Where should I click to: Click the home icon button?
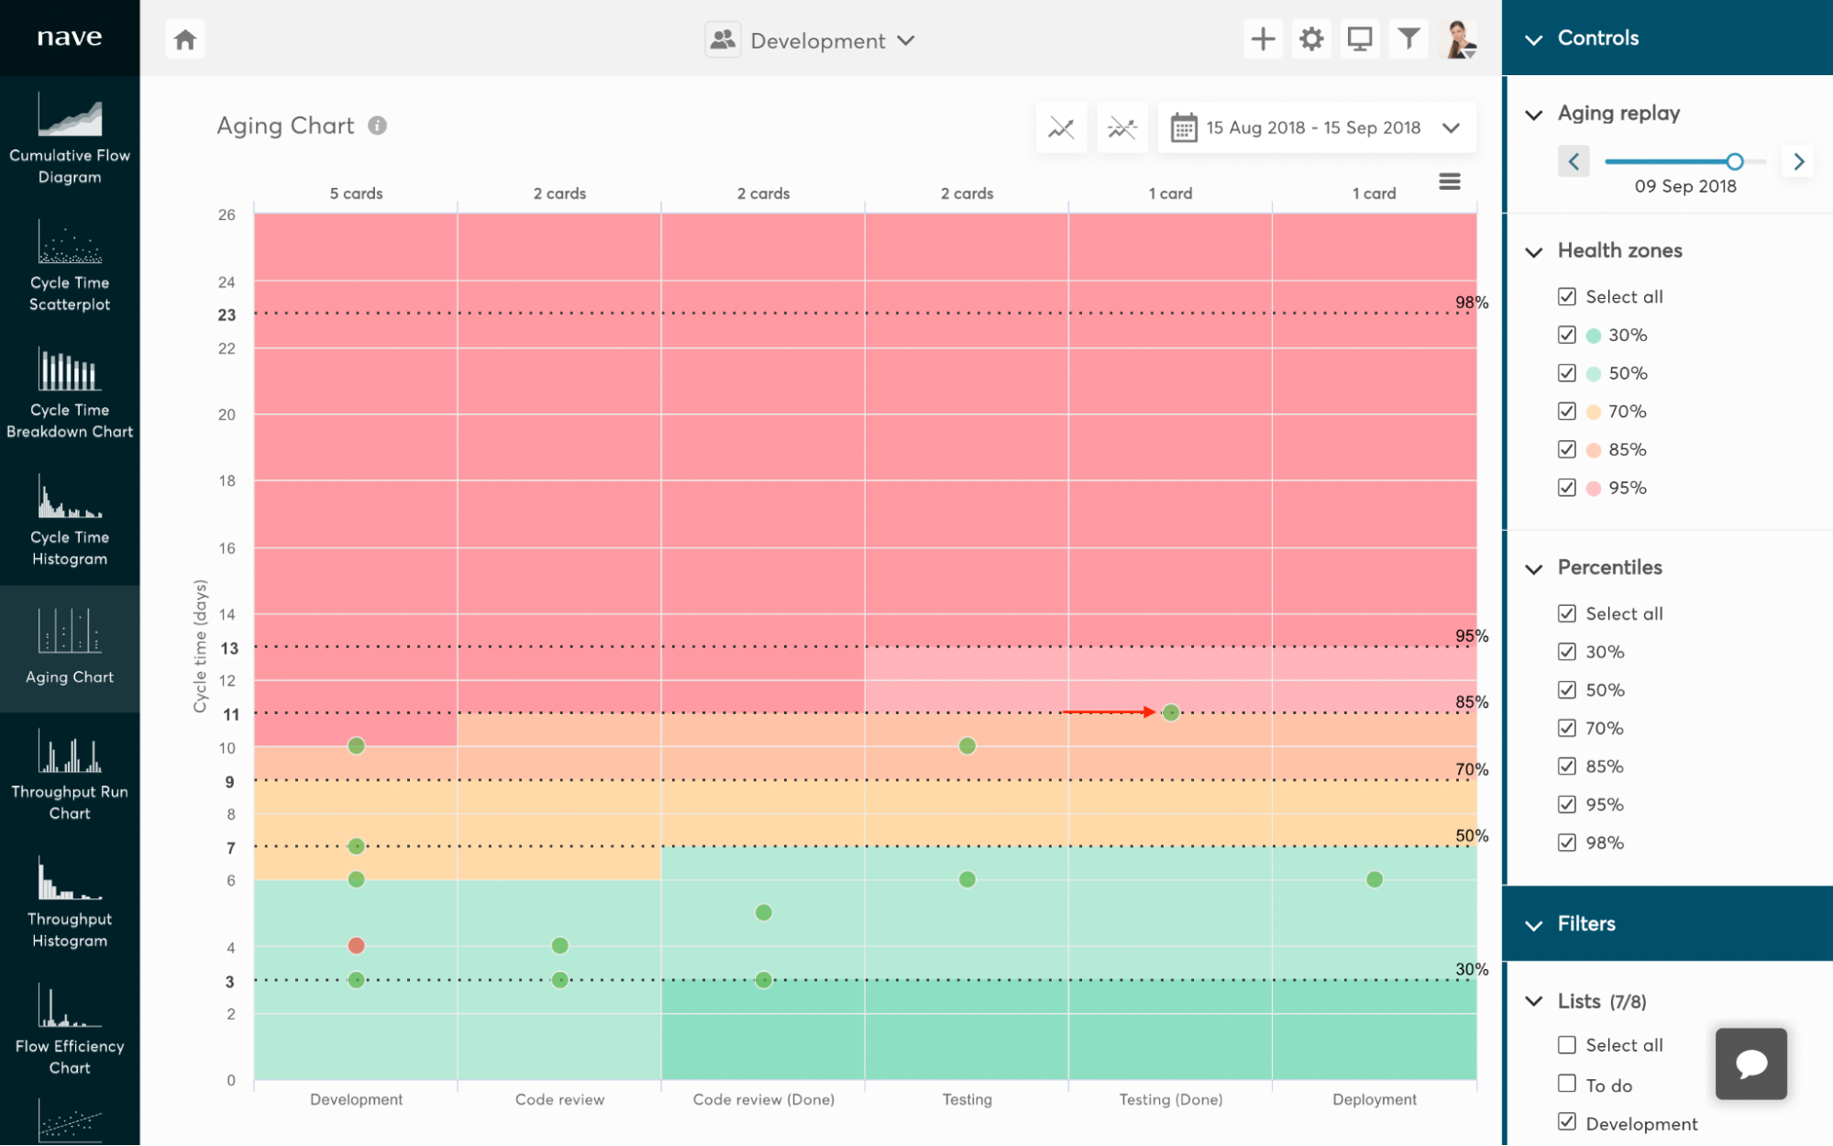(x=185, y=39)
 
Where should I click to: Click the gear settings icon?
(x=1311, y=39)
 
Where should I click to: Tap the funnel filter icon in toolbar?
(x=1408, y=39)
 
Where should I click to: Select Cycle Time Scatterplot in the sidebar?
(x=70, y=267)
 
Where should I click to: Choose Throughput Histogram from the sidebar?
(x=70, y=903)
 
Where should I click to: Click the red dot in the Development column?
(x=357, y=945)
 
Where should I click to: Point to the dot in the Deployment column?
(x=1375, y=879)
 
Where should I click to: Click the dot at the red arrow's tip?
(x=1171, y=712)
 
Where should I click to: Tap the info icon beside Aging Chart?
(x=378, y=126)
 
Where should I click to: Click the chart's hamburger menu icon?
(x=1450, y=182)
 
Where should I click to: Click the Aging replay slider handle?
(x=1734, y=161)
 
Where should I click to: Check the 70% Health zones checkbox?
(x=1567, y=412)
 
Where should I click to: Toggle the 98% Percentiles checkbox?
(x=1567, y=843)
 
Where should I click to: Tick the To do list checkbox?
(x=1567, y=1085)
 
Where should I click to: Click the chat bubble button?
(x=1751, y=1063)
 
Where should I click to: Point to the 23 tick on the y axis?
(x=226, y=314)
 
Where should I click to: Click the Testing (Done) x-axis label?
(x=1171, y=1099)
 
